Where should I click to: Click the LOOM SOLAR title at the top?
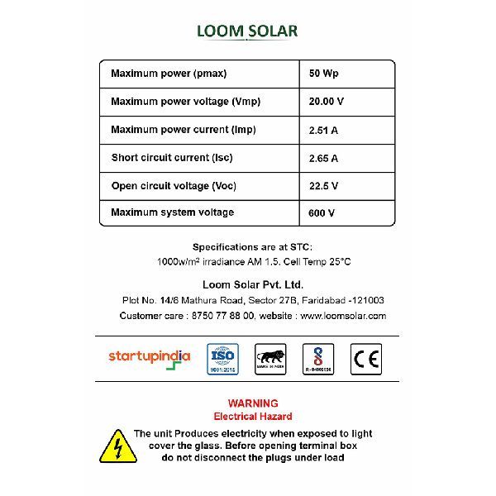(247, 31)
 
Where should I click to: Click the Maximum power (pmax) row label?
(169, 74)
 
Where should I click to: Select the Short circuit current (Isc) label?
(170, 158)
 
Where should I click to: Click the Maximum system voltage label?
(172, 212)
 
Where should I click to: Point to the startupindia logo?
(150, 357)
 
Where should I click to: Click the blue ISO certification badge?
(222, 359)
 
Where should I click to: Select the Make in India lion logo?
(270, 358)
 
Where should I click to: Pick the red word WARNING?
(253, 403)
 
